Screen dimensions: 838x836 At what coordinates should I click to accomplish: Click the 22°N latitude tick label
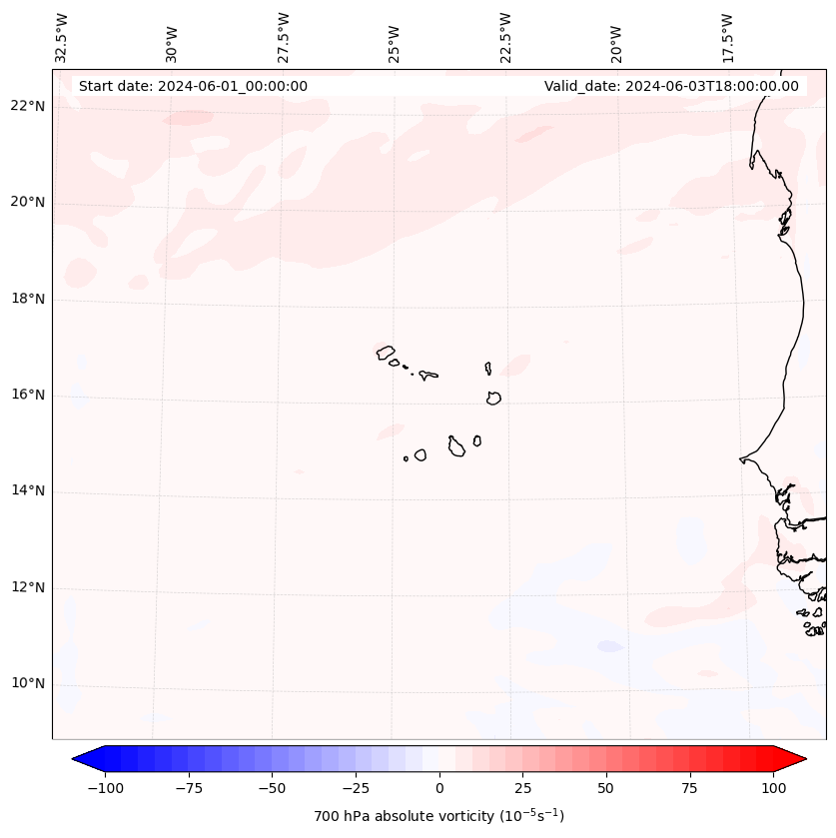28,107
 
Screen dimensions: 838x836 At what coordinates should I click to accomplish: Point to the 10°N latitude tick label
28,684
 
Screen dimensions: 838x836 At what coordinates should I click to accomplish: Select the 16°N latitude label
28,396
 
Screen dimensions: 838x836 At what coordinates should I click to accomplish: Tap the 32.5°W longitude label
62,36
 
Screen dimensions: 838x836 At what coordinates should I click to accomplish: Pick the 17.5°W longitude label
727,36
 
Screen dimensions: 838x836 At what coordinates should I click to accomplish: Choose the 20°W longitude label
616,40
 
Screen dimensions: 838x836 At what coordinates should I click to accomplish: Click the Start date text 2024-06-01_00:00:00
193,86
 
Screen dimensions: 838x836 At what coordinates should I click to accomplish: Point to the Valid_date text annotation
671,86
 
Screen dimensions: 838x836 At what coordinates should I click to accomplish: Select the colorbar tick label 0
439,788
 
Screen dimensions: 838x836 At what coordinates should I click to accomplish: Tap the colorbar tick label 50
605,788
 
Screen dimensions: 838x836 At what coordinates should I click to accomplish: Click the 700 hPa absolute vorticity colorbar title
438,816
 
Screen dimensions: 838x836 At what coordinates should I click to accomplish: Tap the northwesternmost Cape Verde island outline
386,352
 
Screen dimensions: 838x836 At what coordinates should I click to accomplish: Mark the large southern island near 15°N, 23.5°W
456,446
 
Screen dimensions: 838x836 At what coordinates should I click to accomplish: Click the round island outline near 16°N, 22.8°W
493,398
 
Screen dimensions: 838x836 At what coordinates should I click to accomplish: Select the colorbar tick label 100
772,788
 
